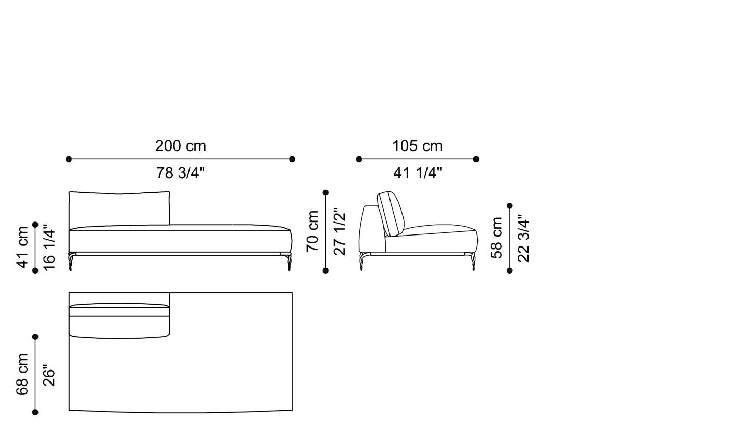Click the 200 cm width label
pos(180,146)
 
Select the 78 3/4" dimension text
pos(180,173)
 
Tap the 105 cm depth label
pos(417,146)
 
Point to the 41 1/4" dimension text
pos(417,173)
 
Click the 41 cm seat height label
pos(22,247)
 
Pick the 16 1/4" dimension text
pos(49,247)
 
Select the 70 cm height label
pos(312,231)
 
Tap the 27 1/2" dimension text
pos(340,231)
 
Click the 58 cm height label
pos(497,238)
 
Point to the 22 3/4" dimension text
pos(523,238)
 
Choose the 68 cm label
pos(22,374)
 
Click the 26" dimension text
pos(49,374)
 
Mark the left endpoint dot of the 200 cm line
pos(69,159)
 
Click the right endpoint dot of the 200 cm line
pos(292,159)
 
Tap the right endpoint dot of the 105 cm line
pos(476,159)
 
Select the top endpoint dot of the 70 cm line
pos(326,192)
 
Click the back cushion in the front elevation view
pos(119,209)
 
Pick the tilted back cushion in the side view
pos(391,213)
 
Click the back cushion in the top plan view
pos(119,320)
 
